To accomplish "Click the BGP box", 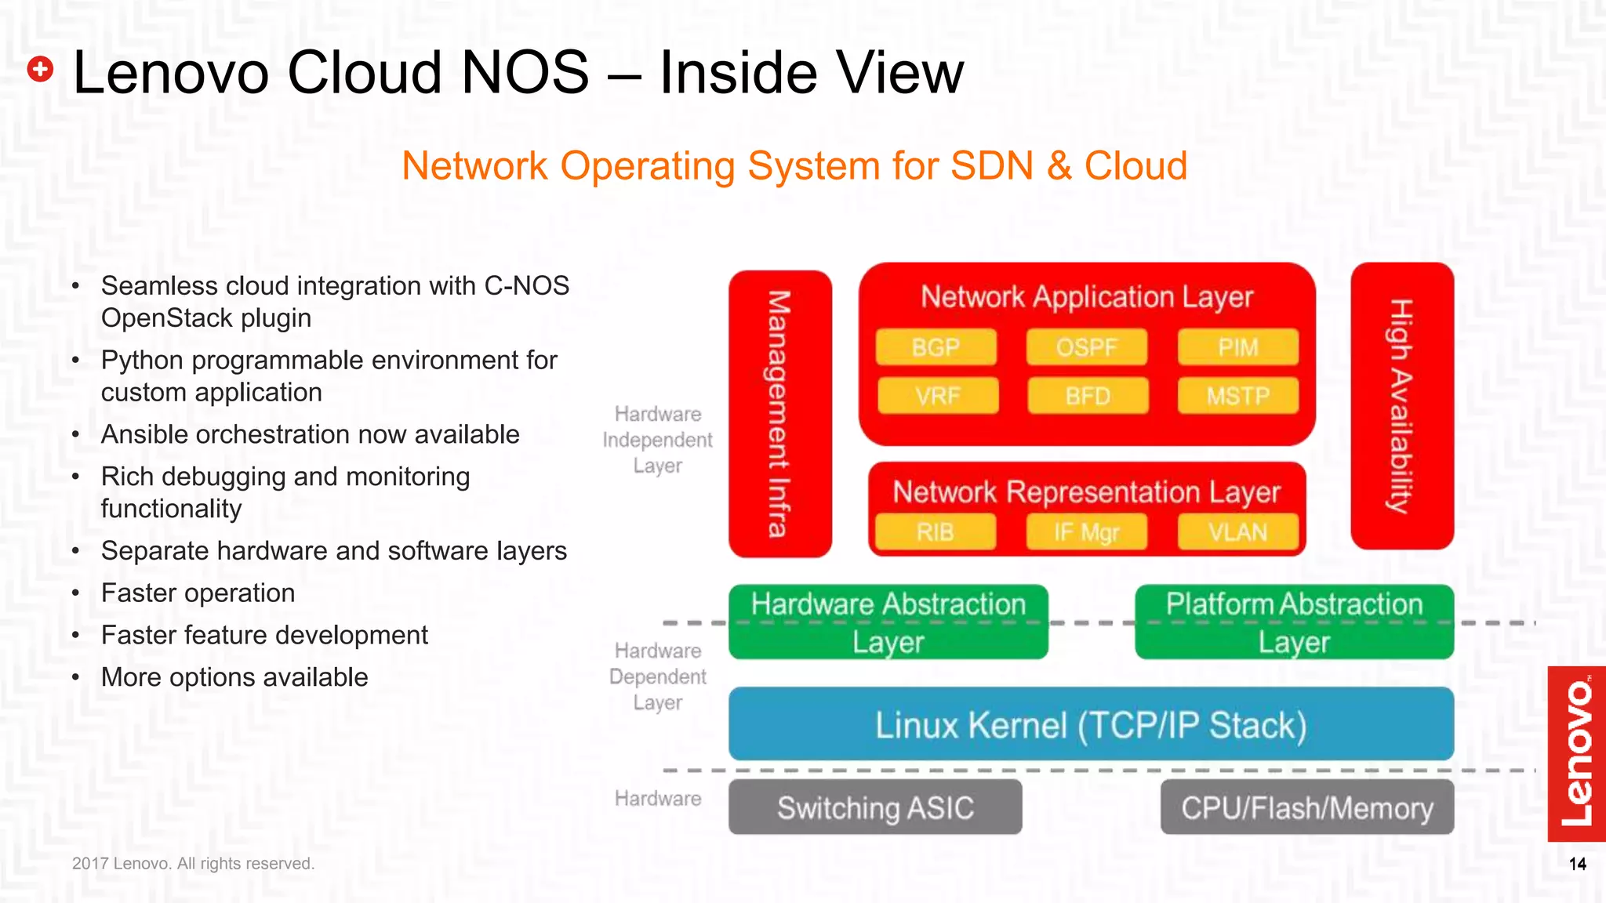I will pos(936,347).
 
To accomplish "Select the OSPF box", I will pos(1086,347).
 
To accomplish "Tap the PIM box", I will pos(1237,347).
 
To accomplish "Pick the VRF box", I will pos(938,396).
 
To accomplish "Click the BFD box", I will pos(1088,396).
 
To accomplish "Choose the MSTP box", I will pos(1237,396).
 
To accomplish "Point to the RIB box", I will pos(935,532).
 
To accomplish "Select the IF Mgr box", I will pos(1086,532).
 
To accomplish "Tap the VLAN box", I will pos(1237,532).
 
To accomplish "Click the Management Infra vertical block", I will pos(779,414).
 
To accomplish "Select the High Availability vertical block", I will pos(1402,406).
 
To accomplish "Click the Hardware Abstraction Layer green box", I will pos(888,622).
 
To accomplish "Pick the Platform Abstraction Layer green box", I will pos(1294,622).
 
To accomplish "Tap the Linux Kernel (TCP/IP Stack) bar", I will pos(1091,724).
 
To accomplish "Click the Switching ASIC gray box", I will pos(875,807).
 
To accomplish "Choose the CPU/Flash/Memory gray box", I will pos(1307,807).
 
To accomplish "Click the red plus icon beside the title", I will pos(40,69).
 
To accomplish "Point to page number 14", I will pos(1578,864).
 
